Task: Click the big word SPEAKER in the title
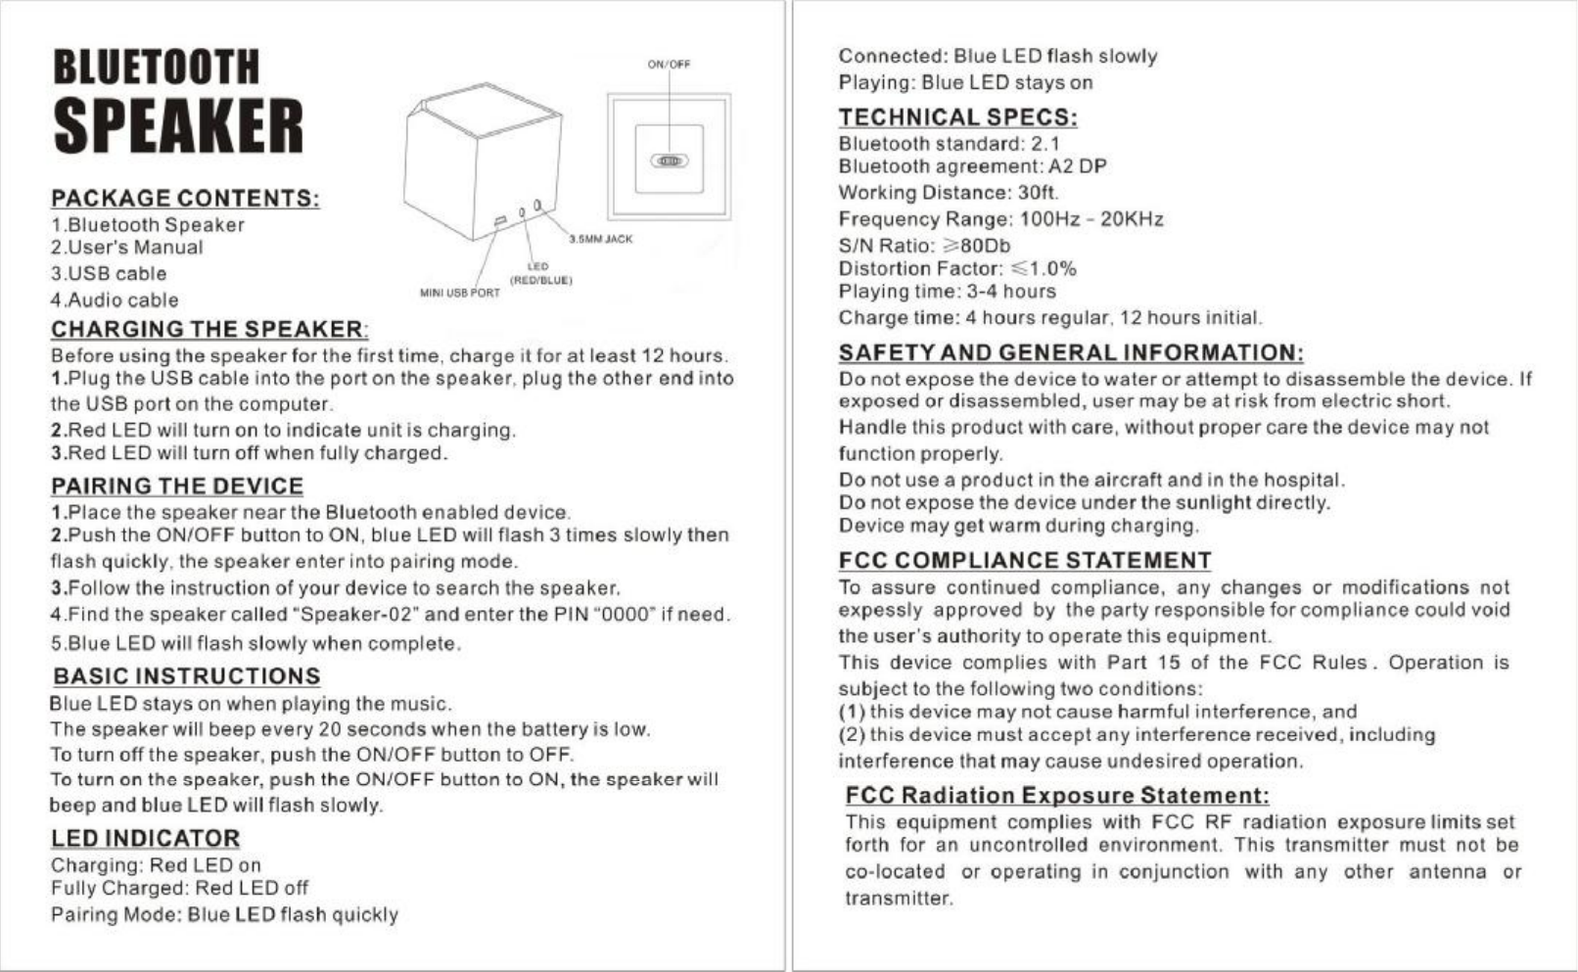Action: pyautogui.click(x=177, y=126)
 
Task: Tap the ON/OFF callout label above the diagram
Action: pyautogui.click(x=669, y=65)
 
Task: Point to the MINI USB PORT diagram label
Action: pyautogui.click(x=459, y=293)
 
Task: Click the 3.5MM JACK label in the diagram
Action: pyautogui.click(x=600, y=239)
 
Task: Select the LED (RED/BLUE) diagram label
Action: pyautogui.click(x=539, y=273)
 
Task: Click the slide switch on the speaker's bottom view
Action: pyautogui.click(x=670, y=161)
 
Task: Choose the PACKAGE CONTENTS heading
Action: pyautogui.click(x=185, y=198)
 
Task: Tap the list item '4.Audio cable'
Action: pyautogui.click(x=115, y=301)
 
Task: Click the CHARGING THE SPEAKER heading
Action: pyautogui.click(x=209, y=329)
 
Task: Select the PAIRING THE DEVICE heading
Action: pyautogui.click(x=177, y=486)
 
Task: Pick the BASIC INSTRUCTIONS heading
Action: pyautogui.click(x=186, y=676)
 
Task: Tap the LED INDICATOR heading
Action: pyautogui.click(x=145, y=839)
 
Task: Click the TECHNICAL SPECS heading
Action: pyautogui.click(x=957, y=117)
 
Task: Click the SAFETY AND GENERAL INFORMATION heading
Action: pyautogui.click(x=1071, y=352)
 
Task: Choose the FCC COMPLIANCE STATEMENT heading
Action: pyautogui.click(x=1025, y=561)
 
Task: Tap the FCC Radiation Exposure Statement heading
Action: pyautogui.click(x=1057, y=795)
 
